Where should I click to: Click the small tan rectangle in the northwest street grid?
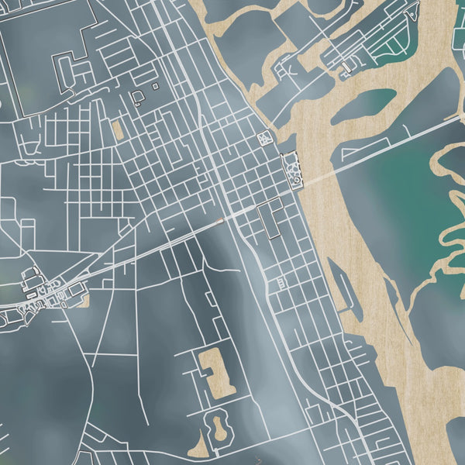click(x=117, y=130)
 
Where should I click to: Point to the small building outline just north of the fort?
click(x=266, y=139)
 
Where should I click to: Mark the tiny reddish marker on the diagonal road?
click(x=221, y=221)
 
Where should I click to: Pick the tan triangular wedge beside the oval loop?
click(x=200, y=447)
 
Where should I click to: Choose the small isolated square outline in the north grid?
click(x=155, y=86)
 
